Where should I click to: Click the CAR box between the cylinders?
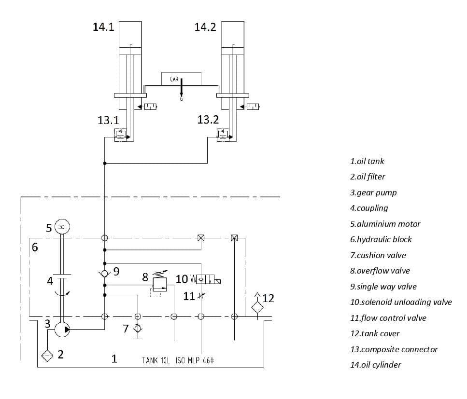(x=181, y=79)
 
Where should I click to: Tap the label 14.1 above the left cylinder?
(x=103, y=27)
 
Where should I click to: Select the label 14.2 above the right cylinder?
(x=205, y=27)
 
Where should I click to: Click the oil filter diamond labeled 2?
(x=47, y=356)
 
